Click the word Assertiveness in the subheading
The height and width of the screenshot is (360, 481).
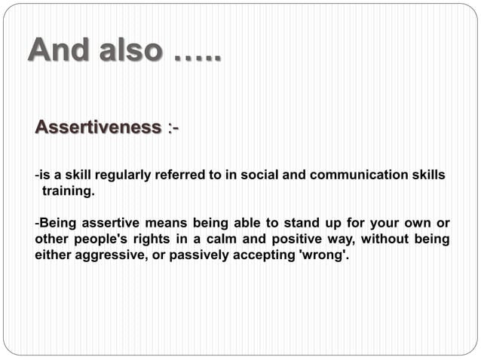pyautogui.click(x=98, y=128)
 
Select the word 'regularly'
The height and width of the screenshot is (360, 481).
pyautogui.click(x=121, y=175)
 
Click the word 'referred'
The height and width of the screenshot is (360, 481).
pyautogui.click(x=180, y=175)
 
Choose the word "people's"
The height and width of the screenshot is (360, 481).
pyautogui.click(x=103, y=239)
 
